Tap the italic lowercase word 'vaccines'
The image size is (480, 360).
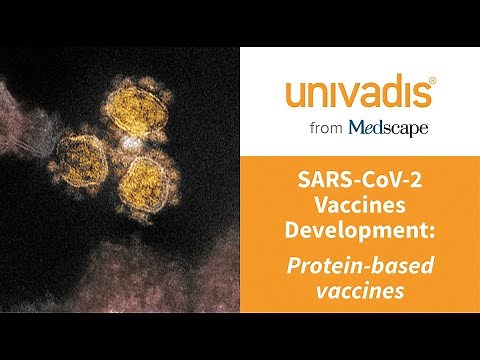(x=359, y=290)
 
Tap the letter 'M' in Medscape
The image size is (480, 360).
(x=356, y=127)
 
